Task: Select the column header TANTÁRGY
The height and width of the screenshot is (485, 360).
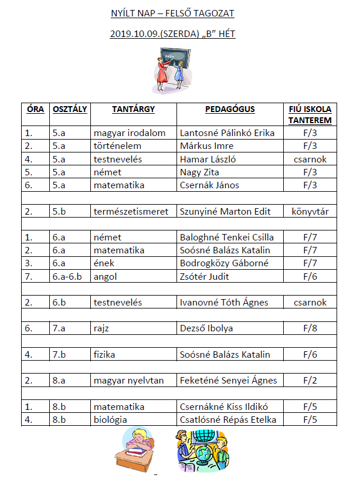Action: point(133,109)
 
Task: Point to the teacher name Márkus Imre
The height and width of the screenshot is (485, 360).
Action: point(206,145)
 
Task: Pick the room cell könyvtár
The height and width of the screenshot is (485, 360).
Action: point(310,211)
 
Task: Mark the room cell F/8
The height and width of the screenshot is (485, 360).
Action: point(310,328)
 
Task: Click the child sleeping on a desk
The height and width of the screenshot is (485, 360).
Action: point(137,448)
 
